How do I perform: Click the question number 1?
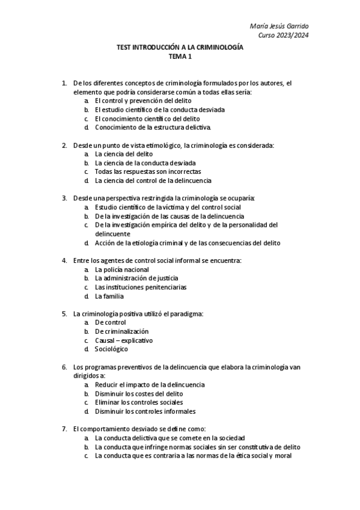(64, 83)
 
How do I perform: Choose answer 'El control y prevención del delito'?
(138, 101)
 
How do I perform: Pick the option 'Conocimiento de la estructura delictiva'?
(153, 127)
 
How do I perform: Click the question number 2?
(64, 145)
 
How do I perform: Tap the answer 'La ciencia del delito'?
(123, 154)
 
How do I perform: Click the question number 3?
(64, 198)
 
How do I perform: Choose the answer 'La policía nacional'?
(121, 269)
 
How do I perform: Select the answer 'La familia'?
(109, 296)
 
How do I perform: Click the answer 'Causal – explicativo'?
(123, 340)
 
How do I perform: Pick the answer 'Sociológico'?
(111, 349)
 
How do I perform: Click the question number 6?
(64, 366)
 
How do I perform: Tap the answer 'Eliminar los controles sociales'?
(139, 402)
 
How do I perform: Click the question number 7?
(64, 429)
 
